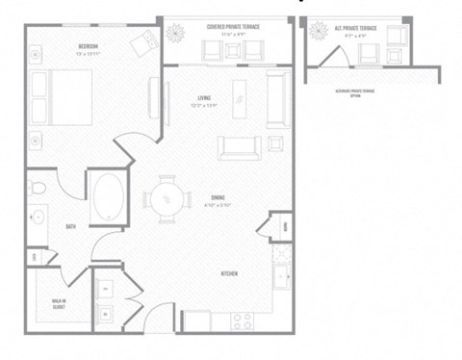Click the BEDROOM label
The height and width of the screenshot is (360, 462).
click(x=90, y=46)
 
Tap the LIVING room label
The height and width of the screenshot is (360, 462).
click(x=204, y=97)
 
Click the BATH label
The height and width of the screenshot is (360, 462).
click(x=71, y=227)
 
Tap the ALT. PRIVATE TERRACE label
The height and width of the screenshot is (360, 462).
click(x=352, y=28)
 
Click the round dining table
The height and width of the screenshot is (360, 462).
click(x=166, y=199)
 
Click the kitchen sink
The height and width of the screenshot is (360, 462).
click(x=282, y=276)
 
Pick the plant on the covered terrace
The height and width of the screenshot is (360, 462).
click(x=178, y=34)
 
